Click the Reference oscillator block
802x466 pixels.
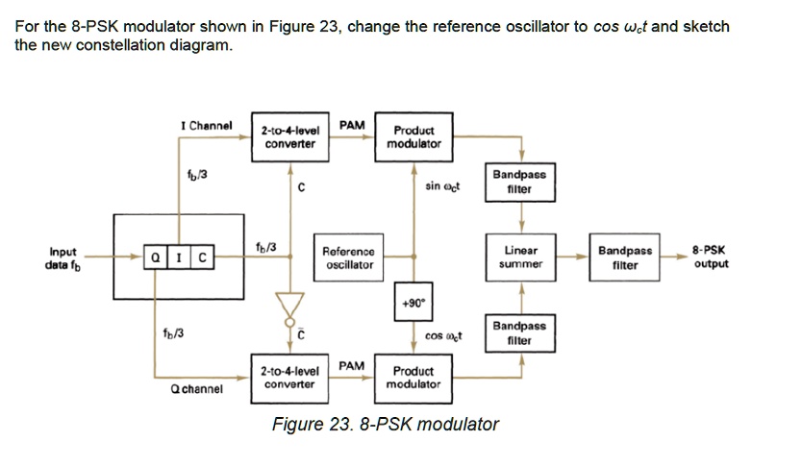tap(349, 258)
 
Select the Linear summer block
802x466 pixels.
tap(522, 257)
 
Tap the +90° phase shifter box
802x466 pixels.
tap(413, 301)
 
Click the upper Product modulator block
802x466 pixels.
tap(414, 136)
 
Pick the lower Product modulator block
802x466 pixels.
tap(414, 377)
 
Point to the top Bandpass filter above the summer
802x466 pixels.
tap(519, 183)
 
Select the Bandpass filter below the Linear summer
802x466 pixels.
tap(519, 332)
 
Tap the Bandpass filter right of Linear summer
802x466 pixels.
tap(624, 258)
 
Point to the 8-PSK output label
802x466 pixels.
tap(710, 257)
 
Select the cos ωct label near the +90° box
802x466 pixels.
tap(443, 336)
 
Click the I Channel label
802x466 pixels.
tap(207, 126)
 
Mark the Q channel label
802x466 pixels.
tap(196, 389)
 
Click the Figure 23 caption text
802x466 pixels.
tap(386, 424)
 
